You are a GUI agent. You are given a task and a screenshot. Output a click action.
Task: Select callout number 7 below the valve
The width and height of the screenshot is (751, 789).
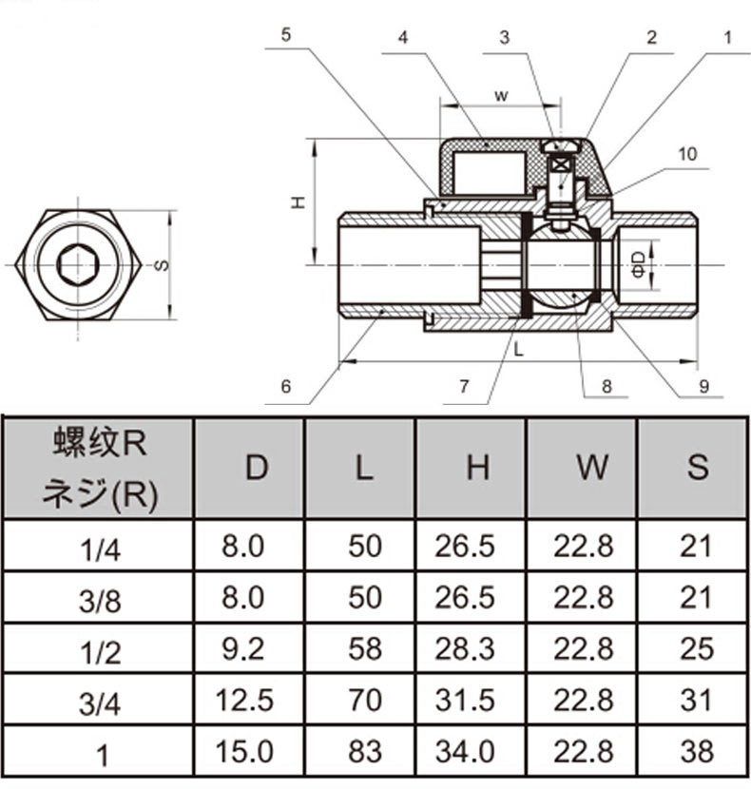pyautogui.click(x=464, y=387)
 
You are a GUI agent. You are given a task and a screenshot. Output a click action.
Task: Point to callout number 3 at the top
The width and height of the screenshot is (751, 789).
pyautogui.click(x=505, y=38)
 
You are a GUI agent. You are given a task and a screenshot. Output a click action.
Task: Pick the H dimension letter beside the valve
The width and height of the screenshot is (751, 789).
pyautogui.click(x=298, y=202)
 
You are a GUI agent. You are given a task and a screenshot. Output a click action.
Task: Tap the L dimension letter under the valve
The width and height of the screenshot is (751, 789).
pyautogui.click(x=518, y=350)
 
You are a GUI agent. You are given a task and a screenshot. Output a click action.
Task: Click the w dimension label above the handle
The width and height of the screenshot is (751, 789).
pyautogui.click(x=501, y=95)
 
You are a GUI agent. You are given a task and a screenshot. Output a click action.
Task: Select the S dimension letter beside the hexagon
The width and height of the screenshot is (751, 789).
pyautogui.click(x=163, y=265)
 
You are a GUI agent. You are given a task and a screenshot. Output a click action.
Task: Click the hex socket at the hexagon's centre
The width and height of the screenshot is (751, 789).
pyautogui.click(x=79, y=265)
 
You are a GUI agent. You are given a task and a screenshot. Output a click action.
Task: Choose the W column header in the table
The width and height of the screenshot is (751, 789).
pyautogui.click(x=592, y=467)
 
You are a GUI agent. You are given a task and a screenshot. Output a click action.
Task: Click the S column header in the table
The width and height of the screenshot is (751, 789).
pyautogui.click(x=698, y=467)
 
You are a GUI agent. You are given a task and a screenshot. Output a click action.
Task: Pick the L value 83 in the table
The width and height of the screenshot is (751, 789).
pyautogui.click(x=363, y=751)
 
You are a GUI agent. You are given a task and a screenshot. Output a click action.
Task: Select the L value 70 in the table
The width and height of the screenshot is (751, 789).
pyautogui.click(x=363, y=701)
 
